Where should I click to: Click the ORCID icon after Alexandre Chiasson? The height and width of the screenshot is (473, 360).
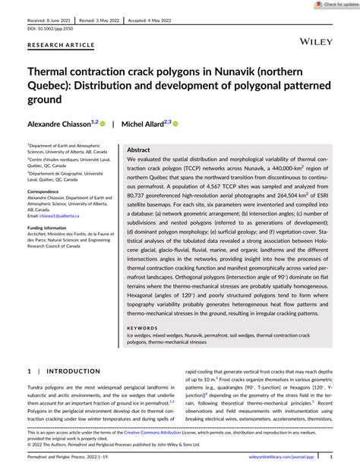pos(103,123)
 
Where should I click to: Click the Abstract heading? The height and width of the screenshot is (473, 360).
pos(140,150)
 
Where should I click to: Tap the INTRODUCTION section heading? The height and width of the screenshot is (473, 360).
pos(73,371)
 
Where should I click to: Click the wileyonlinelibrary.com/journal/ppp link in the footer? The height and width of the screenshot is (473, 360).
pos(276,457)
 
